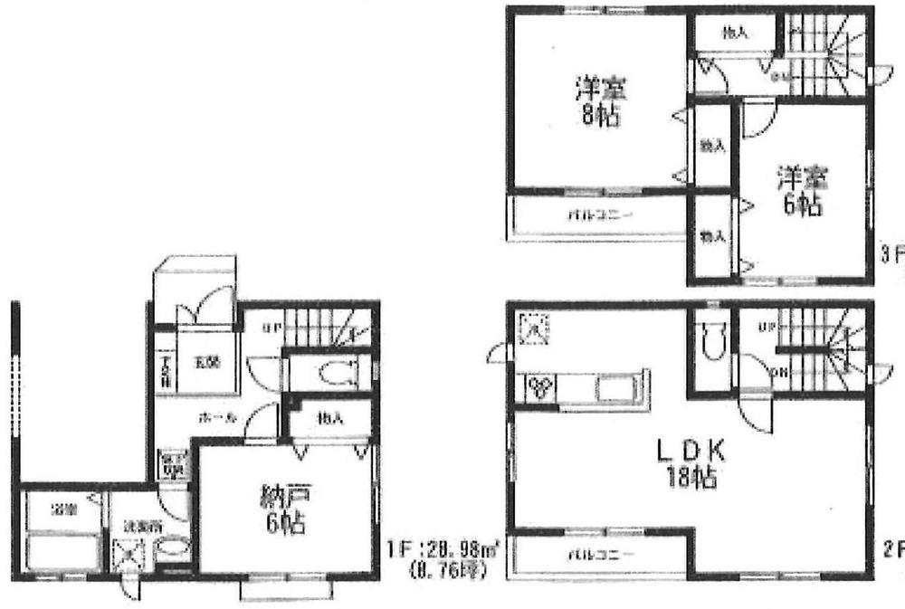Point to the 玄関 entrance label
(x=207, y=364)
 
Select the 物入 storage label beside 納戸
(x=330, y=418)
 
